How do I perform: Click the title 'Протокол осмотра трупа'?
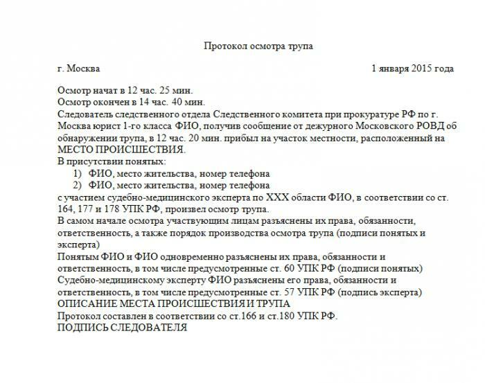tap(258, 46)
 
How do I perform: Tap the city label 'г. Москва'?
tap(80, 69)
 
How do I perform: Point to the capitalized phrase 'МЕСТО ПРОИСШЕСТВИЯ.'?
tap(122, 150)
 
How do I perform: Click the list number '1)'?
tap(78, 173)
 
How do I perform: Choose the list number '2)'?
tap(78, 185)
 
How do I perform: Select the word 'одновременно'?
tap(177, 256)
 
